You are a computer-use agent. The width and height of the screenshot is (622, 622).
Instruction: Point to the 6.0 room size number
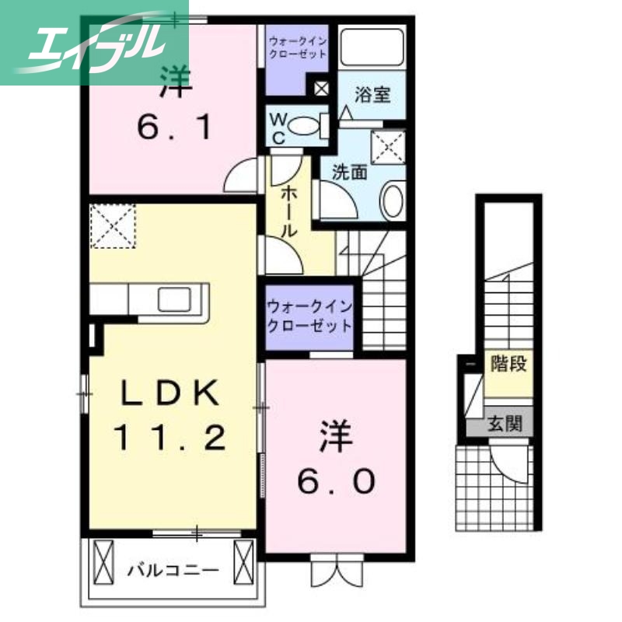click(335, 481)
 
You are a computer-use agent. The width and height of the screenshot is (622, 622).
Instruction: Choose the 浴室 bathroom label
click(372, 96)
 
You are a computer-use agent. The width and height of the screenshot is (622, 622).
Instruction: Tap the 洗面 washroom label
click(349, 173)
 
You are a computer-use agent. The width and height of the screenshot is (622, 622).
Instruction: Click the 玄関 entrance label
click(506, 425)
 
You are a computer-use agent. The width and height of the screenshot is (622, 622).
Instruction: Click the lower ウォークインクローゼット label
click(309, 317)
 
